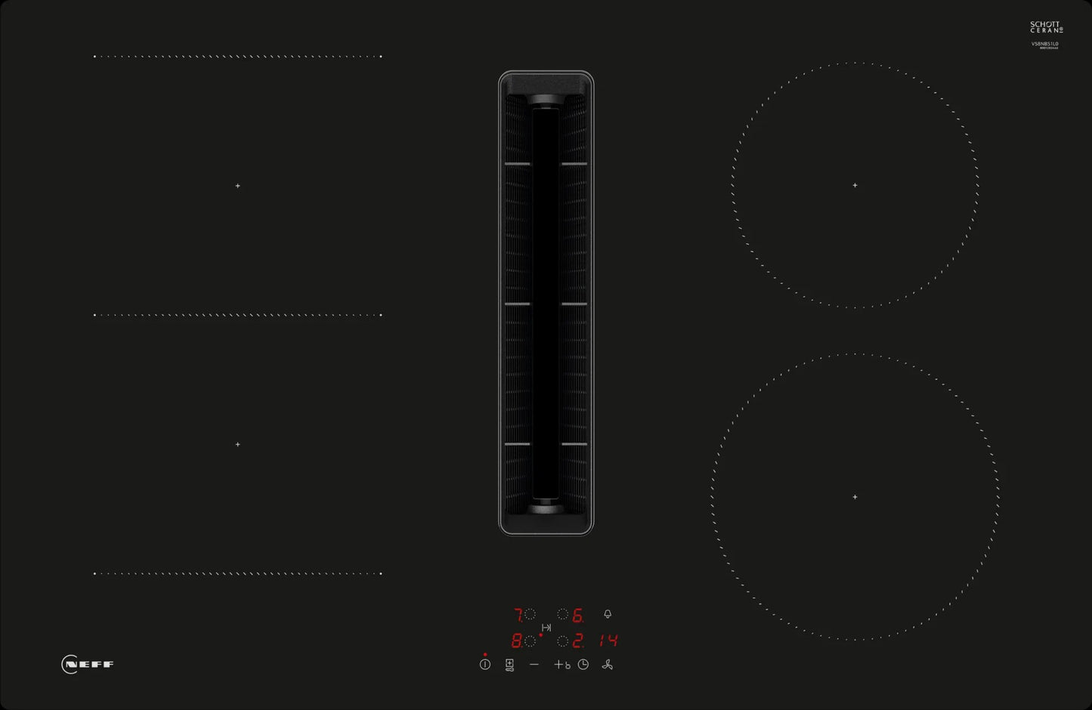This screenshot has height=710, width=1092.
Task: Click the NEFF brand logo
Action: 88,665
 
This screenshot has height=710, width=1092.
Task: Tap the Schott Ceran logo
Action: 1046,28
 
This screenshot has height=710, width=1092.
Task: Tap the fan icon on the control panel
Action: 607,665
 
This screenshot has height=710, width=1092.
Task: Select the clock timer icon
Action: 583,665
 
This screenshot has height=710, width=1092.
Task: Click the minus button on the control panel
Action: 534,665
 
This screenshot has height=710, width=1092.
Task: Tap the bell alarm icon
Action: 607,615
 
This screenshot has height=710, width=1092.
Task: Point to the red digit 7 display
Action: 518,615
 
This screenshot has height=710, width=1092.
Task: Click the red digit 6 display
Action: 577,616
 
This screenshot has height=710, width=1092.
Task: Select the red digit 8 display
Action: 516,641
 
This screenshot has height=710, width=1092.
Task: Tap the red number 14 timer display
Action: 608,641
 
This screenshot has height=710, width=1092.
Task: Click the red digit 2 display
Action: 577,641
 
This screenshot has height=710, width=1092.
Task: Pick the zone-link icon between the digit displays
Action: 546,628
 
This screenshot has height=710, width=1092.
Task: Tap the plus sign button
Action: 558,665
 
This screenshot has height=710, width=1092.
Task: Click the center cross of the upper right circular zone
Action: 855,185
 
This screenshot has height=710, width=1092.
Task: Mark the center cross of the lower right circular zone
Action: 855,497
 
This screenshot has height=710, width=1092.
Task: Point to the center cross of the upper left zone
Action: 237,186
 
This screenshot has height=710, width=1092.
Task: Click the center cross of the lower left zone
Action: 237,444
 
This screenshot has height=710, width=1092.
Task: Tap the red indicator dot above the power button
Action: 484,654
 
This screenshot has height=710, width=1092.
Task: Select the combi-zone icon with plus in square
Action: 509,665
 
